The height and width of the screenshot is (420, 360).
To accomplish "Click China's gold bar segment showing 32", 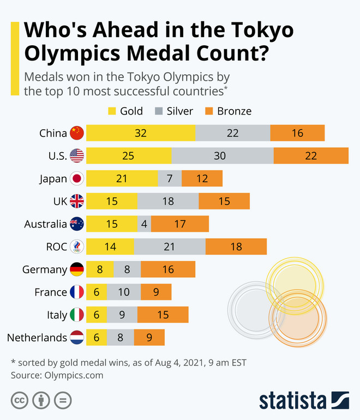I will [x=140, y=133].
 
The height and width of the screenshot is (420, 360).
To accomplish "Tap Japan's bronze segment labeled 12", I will [x=202, y=178].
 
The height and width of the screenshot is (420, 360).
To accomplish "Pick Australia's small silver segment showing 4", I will [x=144, y=224].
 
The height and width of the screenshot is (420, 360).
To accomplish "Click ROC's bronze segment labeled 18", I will [x=236, y=247].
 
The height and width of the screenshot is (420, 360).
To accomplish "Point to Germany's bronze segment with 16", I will [x=168, y=269].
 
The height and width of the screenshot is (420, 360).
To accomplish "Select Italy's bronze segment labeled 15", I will [x=163, y=315].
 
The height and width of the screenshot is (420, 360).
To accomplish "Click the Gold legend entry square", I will [x=112, y=111].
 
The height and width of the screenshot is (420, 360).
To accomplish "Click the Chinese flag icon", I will [x=77, y=133].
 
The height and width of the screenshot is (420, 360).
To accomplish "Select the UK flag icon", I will [x=77, y=201].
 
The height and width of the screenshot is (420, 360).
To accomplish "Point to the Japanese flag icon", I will [x=77, y=178].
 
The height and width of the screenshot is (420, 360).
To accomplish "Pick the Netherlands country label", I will [x=37, y=338].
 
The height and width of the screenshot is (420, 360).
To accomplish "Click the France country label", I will [x=50, y=292].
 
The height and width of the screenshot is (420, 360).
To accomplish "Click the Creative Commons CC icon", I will [x=20, y=400].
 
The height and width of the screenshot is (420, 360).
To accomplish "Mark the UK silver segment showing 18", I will [x=168, y=201].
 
